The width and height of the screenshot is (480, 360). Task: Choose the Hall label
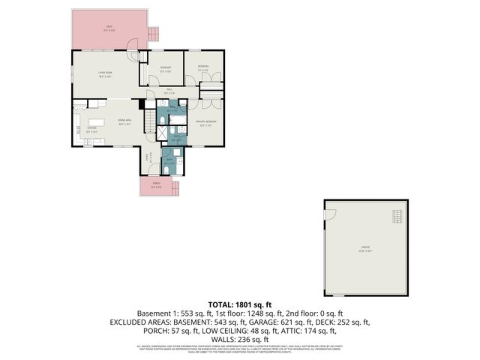coord(169,92)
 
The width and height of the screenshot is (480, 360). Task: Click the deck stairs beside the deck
coord(154,34)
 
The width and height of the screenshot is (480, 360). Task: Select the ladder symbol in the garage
coord(397,217)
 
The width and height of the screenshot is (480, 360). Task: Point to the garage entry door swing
coord(328,215)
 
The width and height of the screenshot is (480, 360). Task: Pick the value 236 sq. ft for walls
coord(250,339)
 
